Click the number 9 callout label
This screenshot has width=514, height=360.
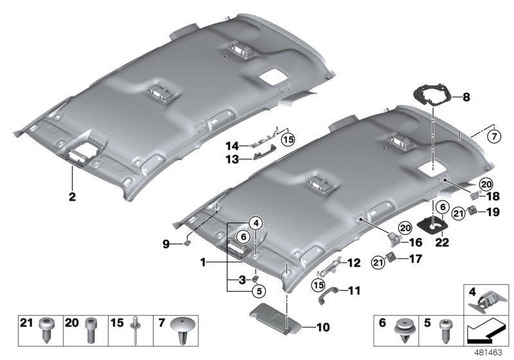click(166, 244)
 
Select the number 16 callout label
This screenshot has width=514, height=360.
click(414, 243)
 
